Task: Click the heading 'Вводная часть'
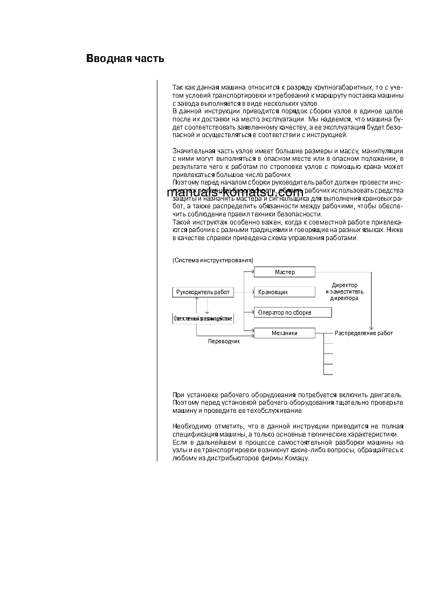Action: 125,59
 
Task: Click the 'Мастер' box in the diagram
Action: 284,272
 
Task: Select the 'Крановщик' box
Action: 284,292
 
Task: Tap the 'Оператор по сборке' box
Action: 292,312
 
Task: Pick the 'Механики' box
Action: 284,333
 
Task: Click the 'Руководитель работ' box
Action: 203,292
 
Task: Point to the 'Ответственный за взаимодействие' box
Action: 203,318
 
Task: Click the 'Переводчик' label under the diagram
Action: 224,341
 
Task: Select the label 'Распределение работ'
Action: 364,333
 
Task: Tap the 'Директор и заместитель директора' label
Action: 344,291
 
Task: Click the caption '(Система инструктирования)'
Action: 212,260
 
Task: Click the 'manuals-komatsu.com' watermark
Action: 235,193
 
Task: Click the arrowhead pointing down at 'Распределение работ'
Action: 371,327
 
